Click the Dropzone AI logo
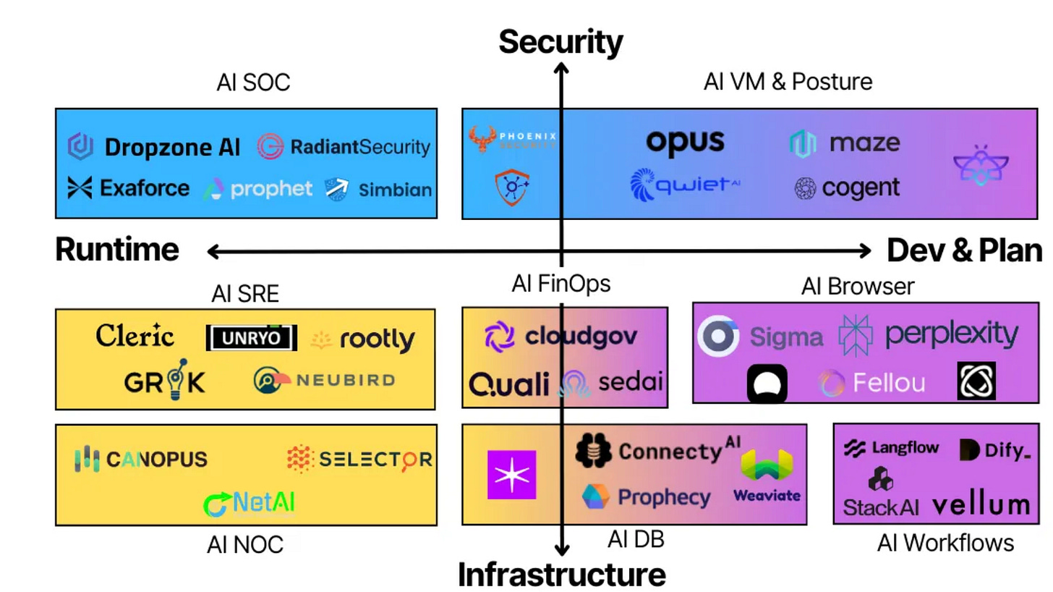coord(153,147)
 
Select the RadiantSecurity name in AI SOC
coord(344,147)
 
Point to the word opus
coord(684,141)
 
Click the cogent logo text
coord(847,188)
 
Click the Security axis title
coord(560,42)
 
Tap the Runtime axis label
coord(117,250)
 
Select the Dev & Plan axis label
coord(964,250)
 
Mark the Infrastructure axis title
coord(561,574)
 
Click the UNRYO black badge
coord(251,337)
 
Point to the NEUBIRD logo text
coord(324,380)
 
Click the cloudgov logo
coord(560,336)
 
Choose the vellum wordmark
coord(980,504)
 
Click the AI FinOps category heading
coord(560,284)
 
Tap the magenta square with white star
coord(511,474)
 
